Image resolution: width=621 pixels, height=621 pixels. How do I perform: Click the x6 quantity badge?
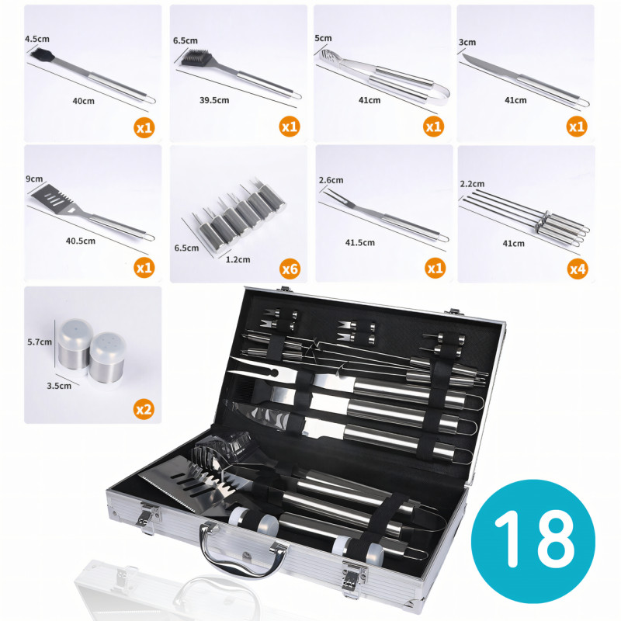coord(290,269)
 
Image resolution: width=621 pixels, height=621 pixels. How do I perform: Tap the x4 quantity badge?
coord(578,269)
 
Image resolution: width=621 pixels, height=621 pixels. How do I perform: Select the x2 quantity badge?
coord(144,409)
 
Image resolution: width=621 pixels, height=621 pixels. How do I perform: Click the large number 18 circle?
coord(533,541)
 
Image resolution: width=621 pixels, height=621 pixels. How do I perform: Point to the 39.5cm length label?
coord(214,100)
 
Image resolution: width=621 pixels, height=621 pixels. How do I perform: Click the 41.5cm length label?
coord(360,242)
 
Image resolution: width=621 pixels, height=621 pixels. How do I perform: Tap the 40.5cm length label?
coord(81,241)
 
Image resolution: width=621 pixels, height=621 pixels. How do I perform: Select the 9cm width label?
coord(34,179)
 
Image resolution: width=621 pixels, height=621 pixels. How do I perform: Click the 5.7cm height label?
coord(40,342)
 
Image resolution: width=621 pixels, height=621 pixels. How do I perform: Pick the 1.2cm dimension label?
coord(238,259)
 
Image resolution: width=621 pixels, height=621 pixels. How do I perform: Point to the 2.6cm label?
coord(331,180)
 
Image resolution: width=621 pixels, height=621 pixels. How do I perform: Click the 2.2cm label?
coord(473,184)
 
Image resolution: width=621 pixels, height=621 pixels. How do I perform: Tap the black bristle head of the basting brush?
coord(42,56)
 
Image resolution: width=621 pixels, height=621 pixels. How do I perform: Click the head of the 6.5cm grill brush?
coord(196,57)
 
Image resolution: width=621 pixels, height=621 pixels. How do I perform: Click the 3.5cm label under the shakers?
coord(59,386)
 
